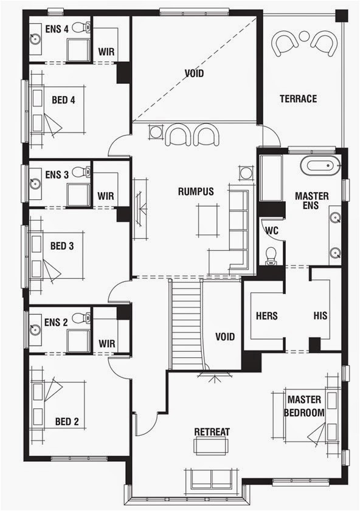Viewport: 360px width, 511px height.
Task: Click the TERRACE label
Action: coord(298,98)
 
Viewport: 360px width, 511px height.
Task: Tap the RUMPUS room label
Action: coord(196,191)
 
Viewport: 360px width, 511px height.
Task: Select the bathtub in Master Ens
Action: coord(321,165)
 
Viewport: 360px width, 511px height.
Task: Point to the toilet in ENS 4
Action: coord(81,27)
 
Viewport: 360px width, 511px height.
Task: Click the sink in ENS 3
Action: coord(35,182)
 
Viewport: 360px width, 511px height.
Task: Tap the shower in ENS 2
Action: coord(79,340)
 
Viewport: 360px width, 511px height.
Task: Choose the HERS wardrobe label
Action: coord(267,316)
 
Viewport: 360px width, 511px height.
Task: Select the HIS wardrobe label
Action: coord(320,316)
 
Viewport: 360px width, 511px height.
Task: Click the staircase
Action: coord(185,325)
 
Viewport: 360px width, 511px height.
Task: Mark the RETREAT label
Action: coord(212,432)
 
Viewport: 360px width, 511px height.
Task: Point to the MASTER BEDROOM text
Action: coord(304,406)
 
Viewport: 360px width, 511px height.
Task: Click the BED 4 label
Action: coord(63,100)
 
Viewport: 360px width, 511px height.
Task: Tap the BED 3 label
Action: coord(62,246)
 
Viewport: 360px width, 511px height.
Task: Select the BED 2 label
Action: coord(66,421)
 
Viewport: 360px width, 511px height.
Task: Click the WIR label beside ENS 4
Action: coord(106,52)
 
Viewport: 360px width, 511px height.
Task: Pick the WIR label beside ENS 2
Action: coord(107,343)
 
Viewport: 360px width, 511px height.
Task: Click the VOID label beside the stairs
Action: coord(224,336)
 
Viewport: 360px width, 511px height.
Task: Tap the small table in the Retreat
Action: coord(210,445)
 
